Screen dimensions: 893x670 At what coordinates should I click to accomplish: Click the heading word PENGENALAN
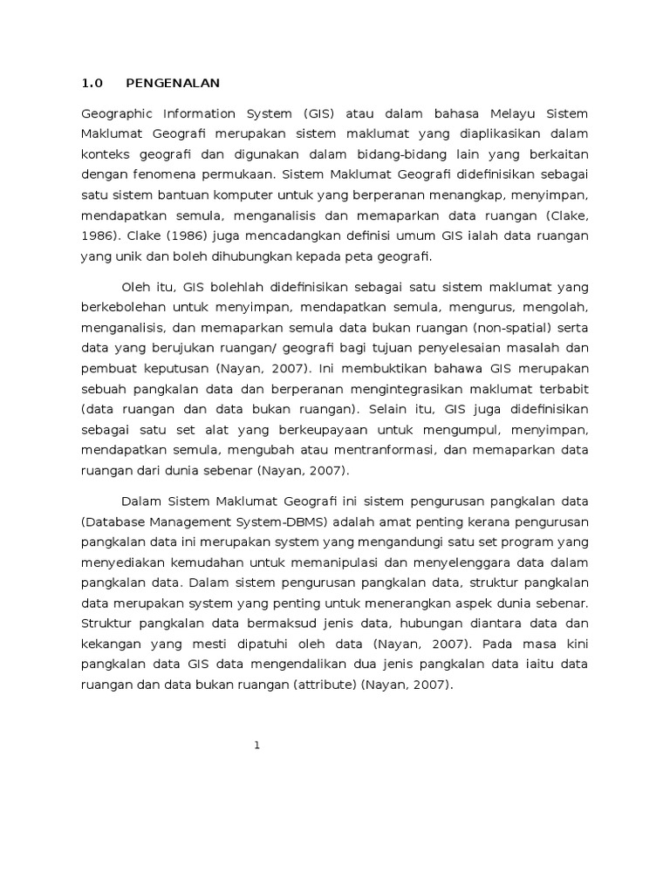click(x=173, y=84)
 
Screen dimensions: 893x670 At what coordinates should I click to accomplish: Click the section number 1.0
click(x=92, y=84)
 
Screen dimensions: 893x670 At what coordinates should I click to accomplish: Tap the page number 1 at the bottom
click(x=258, y=745)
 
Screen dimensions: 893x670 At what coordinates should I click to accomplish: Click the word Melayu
click(x=492, y=113)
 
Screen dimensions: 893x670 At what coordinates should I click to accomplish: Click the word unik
click(x=126, y=256)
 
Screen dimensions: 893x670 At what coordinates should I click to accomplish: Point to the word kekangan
click(x=110, y=644)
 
